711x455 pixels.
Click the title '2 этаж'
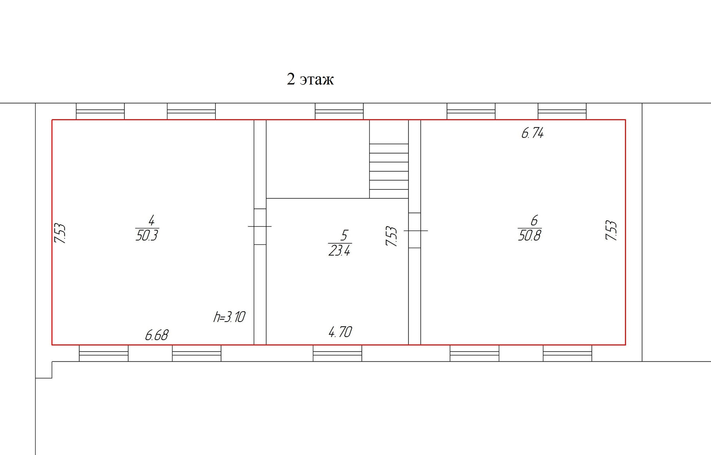click(x=310, y=79)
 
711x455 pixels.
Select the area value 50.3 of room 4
click(x=147, y=235)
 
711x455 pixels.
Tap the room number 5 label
click(x=344, y=235)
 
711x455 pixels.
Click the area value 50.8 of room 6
click(x=530, y=235)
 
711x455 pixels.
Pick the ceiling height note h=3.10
click(x=229, y=317)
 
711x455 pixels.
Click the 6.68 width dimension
click(x=157, y=335)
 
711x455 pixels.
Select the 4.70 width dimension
click(x=340, y=332)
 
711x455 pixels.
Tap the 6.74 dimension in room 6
click(x=533, y=133)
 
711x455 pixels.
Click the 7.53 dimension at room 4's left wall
click(x=60, y=233)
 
